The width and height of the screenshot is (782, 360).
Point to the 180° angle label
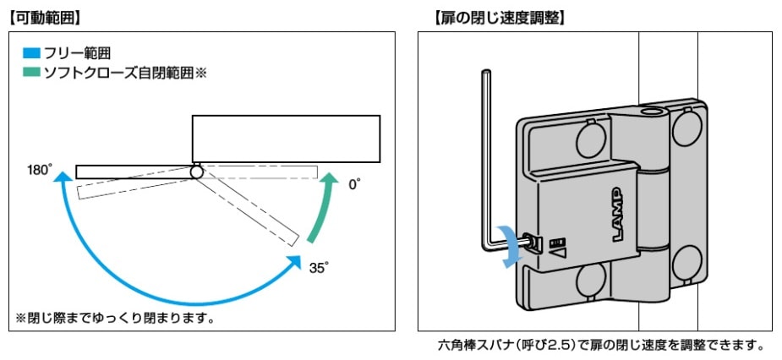40,171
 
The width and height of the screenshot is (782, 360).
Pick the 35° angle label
319,268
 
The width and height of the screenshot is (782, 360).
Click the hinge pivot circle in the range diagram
196,172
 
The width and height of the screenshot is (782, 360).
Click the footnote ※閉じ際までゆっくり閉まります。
115,319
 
